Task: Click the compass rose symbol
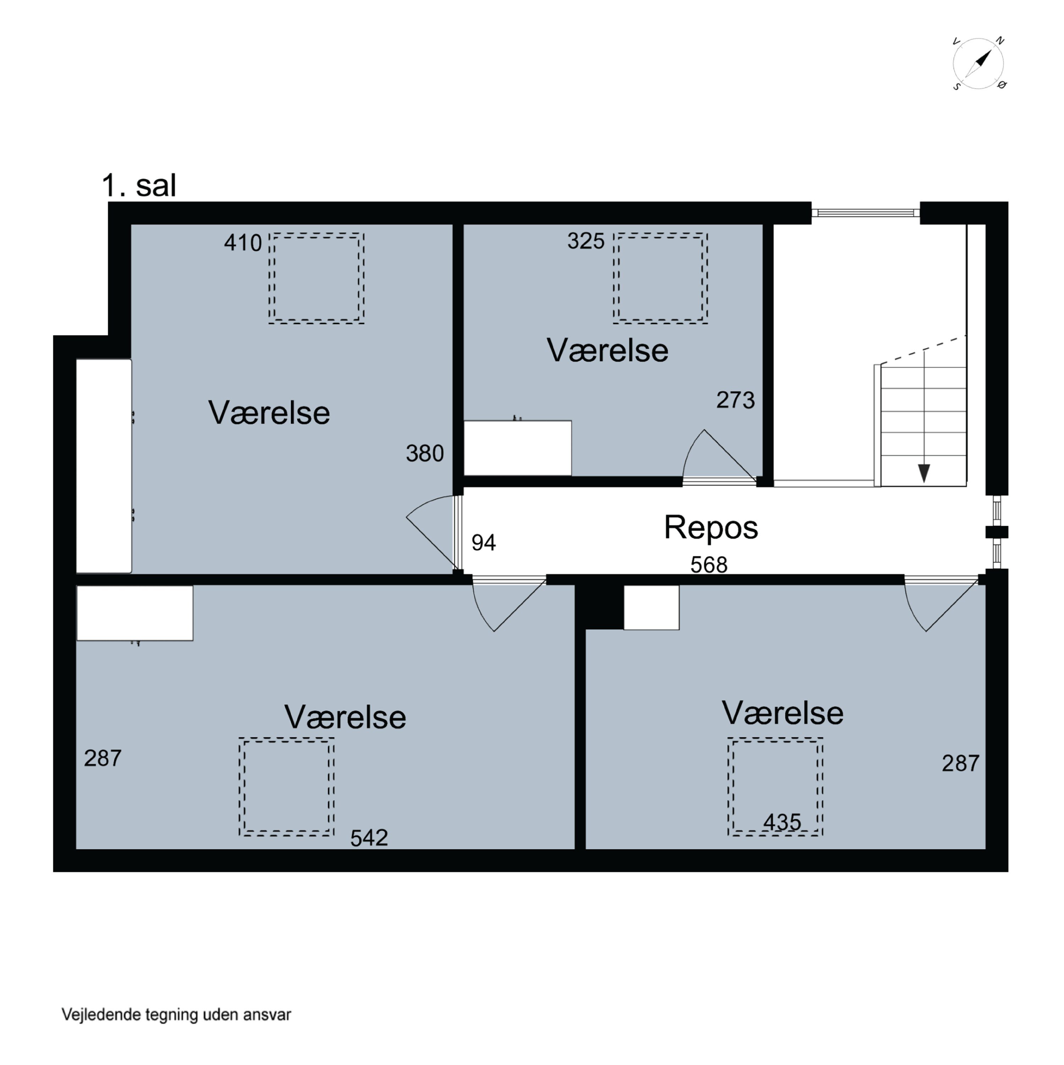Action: point(978,64)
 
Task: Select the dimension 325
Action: point(586,241)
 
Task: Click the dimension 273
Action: point(735,400)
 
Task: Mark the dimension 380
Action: point(425,453)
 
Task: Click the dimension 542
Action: point(369,838)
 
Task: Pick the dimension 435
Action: point(782,822)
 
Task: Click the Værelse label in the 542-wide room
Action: point(345,717)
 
